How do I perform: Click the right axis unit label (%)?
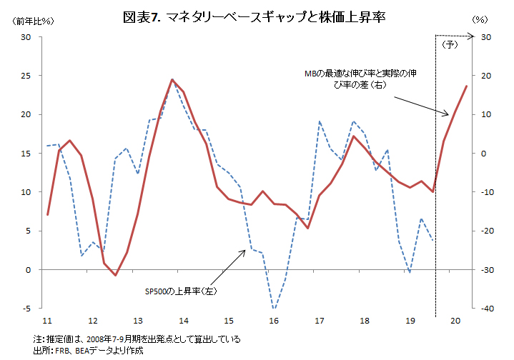(x=478, y=21)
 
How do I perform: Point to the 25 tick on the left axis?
(x=26, y=76)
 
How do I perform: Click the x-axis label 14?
(x=184, y=321)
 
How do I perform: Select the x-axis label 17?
(x=320, y=321)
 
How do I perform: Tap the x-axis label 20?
(x=455, y=321)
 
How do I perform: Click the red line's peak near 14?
(x=172, y=80)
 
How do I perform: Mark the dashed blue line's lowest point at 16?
(x=274, y=308)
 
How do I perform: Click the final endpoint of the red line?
(x=467, y=86)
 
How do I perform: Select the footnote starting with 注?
(x=137, y=339)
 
